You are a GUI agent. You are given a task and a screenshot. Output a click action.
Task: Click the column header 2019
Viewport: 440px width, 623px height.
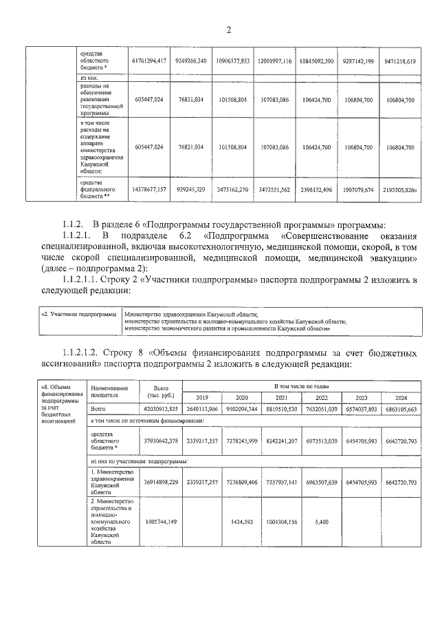tap(202, 398)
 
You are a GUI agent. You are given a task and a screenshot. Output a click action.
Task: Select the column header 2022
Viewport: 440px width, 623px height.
tap(320, 398)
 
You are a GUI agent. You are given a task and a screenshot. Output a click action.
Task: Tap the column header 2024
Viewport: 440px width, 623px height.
tap(401, 398)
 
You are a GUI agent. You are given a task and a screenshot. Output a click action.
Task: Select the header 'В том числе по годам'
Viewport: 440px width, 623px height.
tap(301, 387)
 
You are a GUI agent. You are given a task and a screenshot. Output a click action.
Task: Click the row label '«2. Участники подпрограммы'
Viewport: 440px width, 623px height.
tap(78, 314)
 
